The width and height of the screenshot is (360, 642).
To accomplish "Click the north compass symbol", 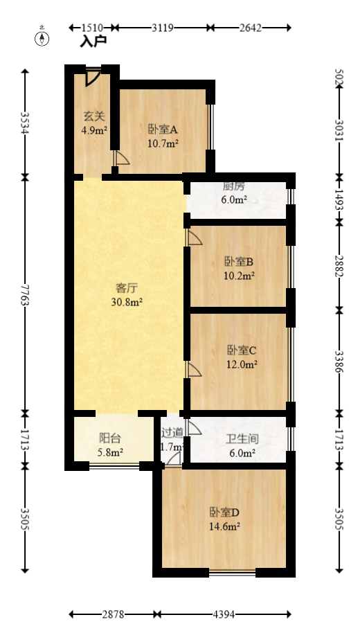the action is coord(42,37).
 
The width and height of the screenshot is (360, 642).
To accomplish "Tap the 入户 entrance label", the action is coord(93,42).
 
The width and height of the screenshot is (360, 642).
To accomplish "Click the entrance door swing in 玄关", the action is coord(93,78).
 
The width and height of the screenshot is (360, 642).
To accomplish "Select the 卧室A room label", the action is coord(163,130).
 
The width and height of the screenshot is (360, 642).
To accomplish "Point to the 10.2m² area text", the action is coord(240,276).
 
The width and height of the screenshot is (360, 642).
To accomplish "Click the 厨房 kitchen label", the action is coord(233,186).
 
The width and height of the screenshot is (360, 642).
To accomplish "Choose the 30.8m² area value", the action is coord(127,302).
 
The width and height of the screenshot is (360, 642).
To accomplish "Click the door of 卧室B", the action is coord(195,238).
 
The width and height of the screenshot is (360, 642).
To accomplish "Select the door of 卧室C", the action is coord(195,369).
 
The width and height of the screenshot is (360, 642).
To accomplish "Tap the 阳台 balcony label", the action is coord(110,438).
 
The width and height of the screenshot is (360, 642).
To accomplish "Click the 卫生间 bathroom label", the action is coord(242,439).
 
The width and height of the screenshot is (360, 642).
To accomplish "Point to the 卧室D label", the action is coord(224,512).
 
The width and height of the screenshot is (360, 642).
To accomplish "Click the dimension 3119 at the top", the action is coord(163,28).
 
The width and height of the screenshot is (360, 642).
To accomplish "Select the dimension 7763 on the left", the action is coord(25,295).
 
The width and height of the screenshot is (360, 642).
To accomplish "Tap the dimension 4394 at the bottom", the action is coord(224,614).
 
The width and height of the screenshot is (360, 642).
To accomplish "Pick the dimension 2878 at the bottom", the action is coord(112,614).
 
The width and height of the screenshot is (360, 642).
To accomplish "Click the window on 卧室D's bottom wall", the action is coord(233,572).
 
